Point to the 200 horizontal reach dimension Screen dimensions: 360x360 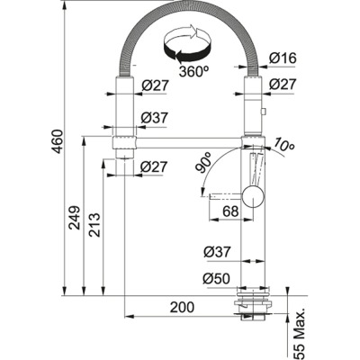pyautogui.click(x=182, y=308)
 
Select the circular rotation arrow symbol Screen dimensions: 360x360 pyautogui.click(x=186, y=43)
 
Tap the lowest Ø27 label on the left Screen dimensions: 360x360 pyautogui.click(x=153, y=166)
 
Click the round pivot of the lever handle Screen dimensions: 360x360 pyautogui.click(x=254, y=193)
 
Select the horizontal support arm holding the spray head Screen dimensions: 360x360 pyautogui.click(x=180, y=138)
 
